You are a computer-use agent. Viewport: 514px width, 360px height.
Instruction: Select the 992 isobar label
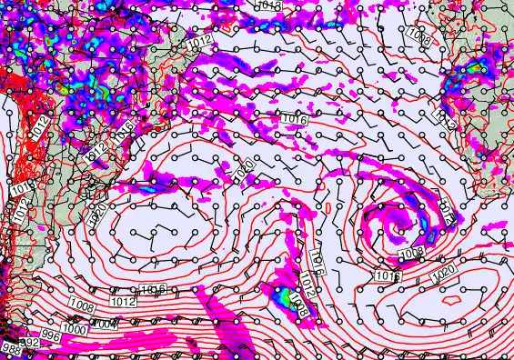click(30, 342)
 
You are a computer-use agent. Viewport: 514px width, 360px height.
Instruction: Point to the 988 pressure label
click(9, 348)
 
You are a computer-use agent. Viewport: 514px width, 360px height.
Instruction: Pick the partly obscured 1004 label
click(105, 323)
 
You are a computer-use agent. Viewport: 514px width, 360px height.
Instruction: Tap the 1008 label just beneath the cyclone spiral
click(411, 253)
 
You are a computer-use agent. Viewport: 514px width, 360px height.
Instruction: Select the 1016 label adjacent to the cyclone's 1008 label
click(388, 275)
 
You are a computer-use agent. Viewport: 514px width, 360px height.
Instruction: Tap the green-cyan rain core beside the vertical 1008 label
click(286, 297)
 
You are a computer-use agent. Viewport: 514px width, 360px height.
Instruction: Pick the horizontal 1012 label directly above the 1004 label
click(123, 299)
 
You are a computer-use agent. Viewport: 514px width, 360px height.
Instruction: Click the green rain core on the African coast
click(475, 68)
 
